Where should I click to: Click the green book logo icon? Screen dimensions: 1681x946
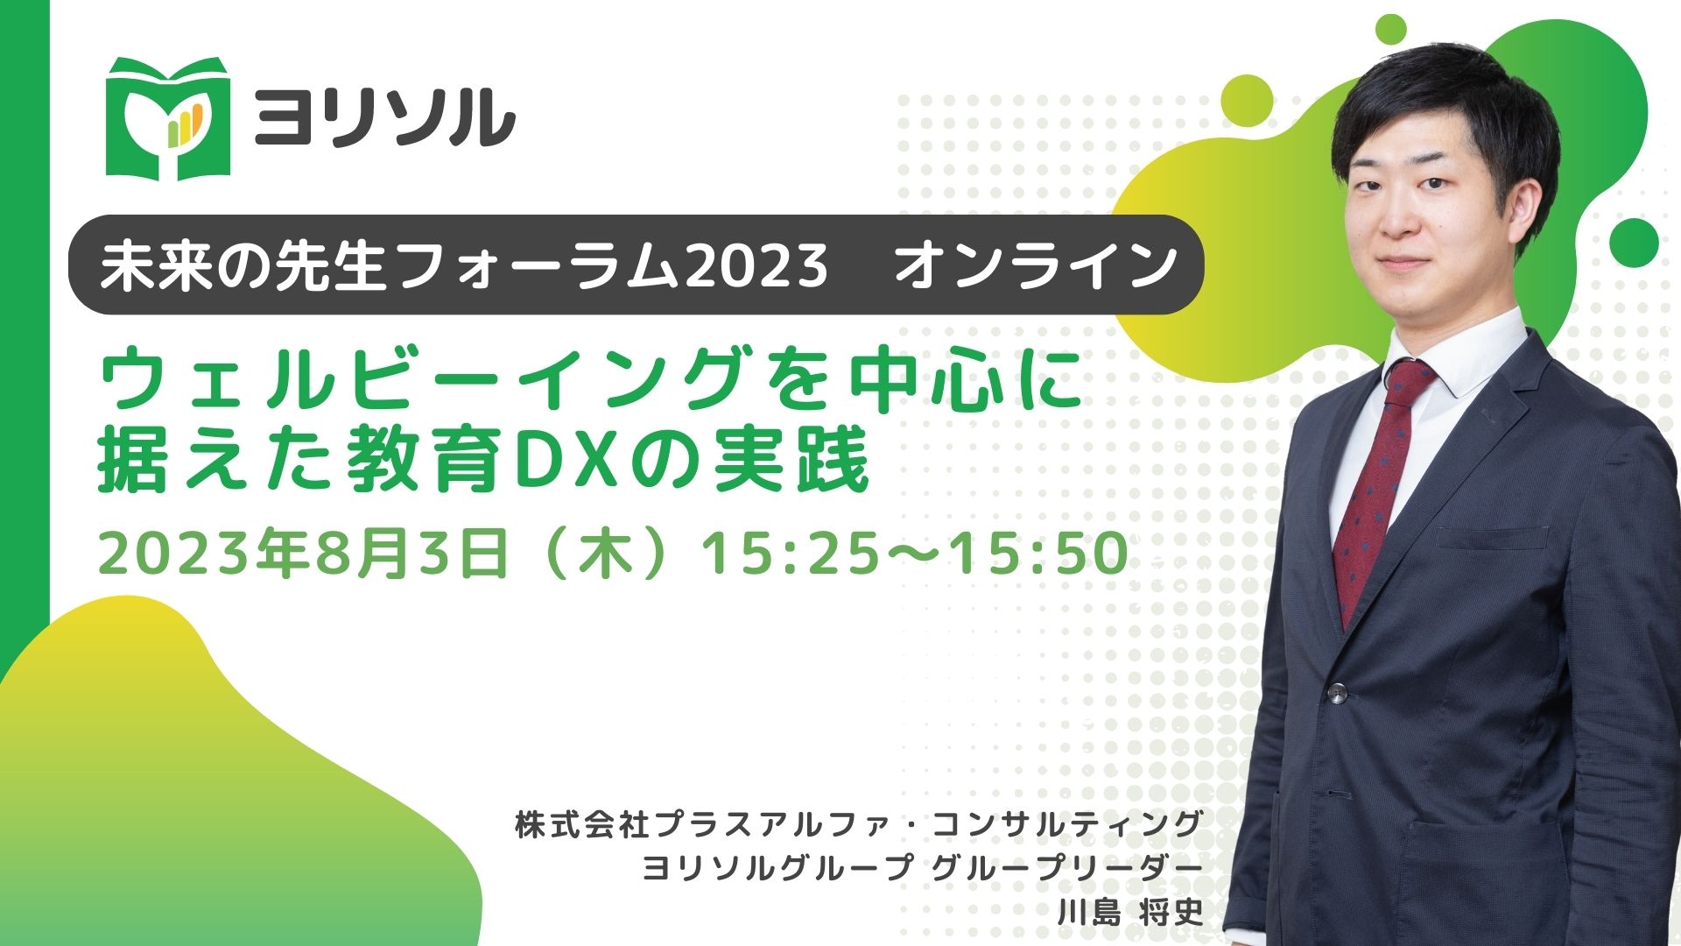(167, 119)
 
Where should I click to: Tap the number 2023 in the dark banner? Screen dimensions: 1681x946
(756, 265)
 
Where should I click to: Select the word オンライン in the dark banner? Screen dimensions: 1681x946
(1036, 265)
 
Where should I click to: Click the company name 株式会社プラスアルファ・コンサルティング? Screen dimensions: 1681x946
(859, 824)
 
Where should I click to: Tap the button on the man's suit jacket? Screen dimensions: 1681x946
(1336, 693)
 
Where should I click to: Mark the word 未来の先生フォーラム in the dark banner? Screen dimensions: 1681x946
(389, 265)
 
